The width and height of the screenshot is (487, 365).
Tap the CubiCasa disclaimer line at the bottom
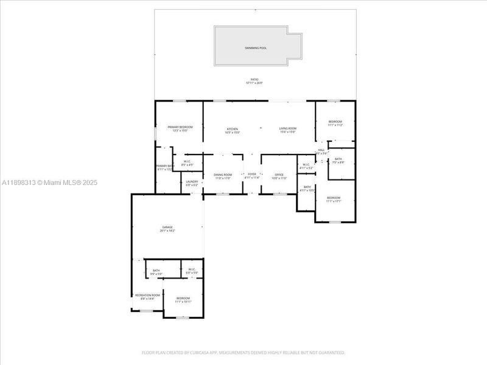(x=243, y=352)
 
